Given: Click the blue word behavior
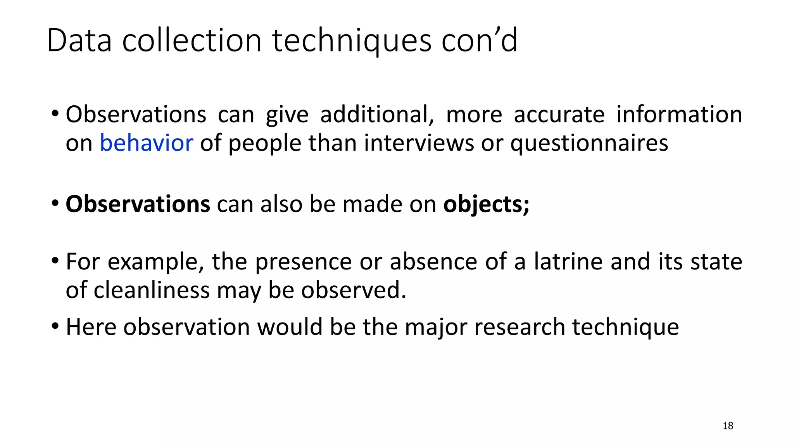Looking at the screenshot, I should coord(146,143).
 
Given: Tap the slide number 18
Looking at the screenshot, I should coord(728,426).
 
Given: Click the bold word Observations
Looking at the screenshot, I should coord(138,204).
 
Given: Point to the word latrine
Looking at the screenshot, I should coord(568,261).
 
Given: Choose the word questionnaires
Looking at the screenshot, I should coord(589,143).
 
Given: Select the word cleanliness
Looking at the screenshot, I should coord(152,290).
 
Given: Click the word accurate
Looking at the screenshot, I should coord(559,115).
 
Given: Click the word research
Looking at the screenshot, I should coord(520,327).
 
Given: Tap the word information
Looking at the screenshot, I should coord(679,115).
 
